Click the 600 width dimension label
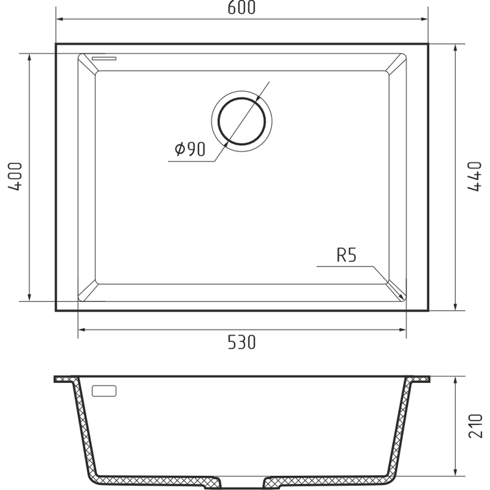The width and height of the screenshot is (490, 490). [241, 7]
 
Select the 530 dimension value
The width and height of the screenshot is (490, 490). [241, 342]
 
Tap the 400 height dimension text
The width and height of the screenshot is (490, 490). [15, 176]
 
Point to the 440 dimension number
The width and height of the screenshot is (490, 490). [474, 176]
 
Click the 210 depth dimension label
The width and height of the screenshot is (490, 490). [475, 426]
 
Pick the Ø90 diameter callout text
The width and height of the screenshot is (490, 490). [190, 149]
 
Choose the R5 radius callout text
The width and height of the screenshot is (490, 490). [346, 255]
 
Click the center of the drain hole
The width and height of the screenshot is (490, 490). [241, 121]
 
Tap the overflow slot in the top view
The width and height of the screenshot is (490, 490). [104, 58]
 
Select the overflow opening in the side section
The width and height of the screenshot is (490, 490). [104, 391]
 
